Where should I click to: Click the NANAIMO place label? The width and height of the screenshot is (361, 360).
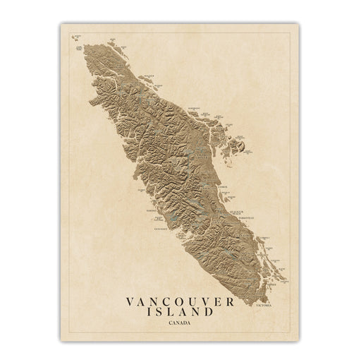(247, 236)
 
